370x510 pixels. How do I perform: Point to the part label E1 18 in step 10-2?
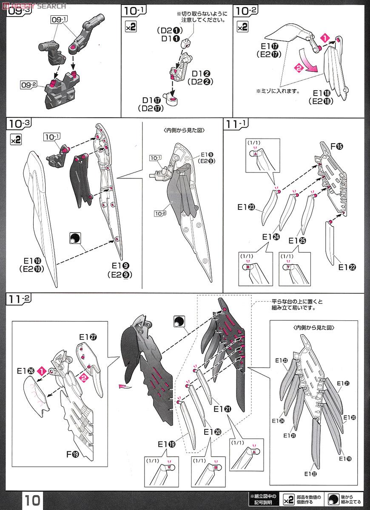click(322, 93)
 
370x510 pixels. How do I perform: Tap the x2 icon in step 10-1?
click(130, 27)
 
